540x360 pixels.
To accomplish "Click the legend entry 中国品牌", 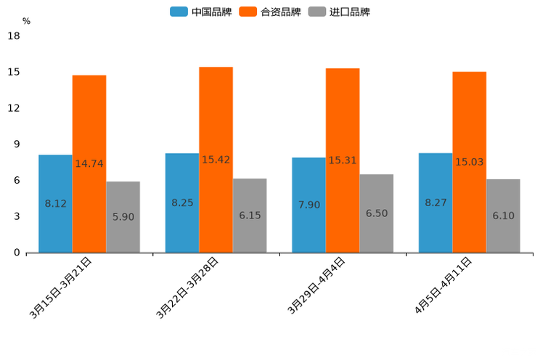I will [201, 12].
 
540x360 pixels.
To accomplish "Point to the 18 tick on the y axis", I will [14, 36].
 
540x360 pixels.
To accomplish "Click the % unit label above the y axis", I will [26, 21].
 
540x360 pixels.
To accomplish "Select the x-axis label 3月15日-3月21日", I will [61, 287].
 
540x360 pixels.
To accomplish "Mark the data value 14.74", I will [89, 164].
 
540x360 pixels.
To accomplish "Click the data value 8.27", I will [435, 203].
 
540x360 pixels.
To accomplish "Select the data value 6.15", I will [250, 216].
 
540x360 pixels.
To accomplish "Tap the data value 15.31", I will [343, 160].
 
